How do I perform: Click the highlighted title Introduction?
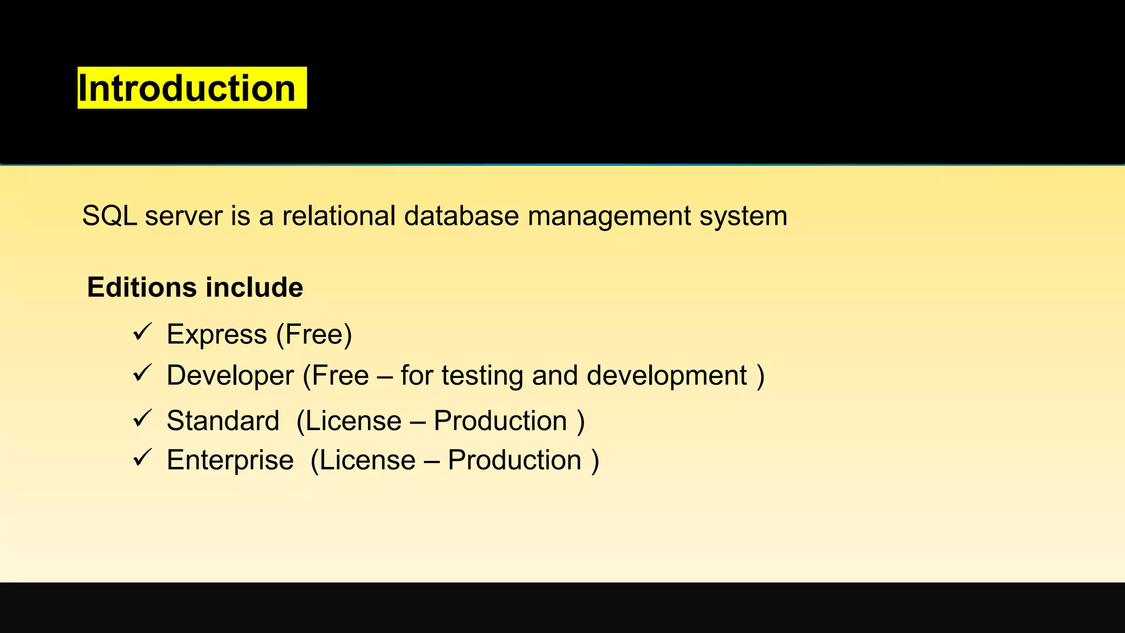coord(187,88)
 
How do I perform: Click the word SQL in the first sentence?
coord(109,216)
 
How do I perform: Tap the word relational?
coord(338,216)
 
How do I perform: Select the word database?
coord(461,216)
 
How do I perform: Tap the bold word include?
coord(254,287)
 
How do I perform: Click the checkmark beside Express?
coord(142,332)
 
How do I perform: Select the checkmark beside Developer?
coord(142,374)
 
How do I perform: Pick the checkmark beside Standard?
coord(142,419)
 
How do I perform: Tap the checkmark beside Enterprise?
coord(142,458)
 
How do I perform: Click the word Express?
coord(216,335)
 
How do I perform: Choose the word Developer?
coord(230,376)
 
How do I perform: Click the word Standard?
coord(223,421)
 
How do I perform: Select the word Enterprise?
coord(230,460)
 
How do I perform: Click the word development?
coord(666,376)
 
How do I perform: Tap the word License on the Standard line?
coord(353,421)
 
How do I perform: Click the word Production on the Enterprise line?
coord(515,460)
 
